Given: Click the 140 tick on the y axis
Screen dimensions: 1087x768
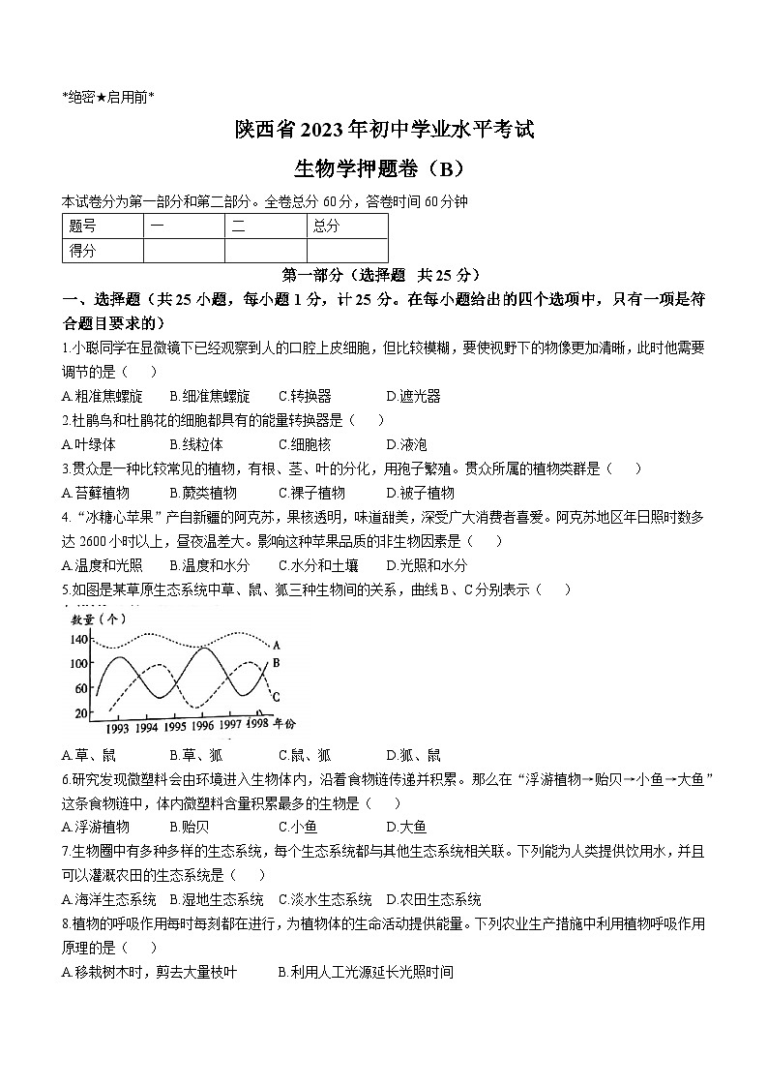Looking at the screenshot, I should point(77,640).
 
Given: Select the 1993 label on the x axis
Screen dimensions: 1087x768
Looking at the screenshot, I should point(117,728).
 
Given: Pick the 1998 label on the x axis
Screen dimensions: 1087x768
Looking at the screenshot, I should point(257,723).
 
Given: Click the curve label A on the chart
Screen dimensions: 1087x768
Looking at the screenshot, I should point(277,645).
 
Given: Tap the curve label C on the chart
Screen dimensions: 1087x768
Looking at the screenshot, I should point(276,696).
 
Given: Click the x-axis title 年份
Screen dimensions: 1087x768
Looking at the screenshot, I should point(284,723).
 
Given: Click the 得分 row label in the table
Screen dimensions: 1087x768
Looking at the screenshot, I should point(83,251).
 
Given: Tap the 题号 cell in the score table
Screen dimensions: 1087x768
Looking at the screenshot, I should point(83,226).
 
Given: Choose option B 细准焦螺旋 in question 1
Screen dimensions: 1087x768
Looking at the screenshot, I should point(209,396).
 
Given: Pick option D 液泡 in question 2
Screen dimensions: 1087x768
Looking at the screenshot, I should point(406,444).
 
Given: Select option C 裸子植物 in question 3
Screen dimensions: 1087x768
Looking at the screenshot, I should point(311,493).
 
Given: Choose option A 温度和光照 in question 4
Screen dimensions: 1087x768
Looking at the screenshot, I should point(102,565).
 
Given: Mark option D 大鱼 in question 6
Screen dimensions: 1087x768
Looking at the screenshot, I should point(406,827).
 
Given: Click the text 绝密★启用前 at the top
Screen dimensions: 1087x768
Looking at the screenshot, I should point(107,96).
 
